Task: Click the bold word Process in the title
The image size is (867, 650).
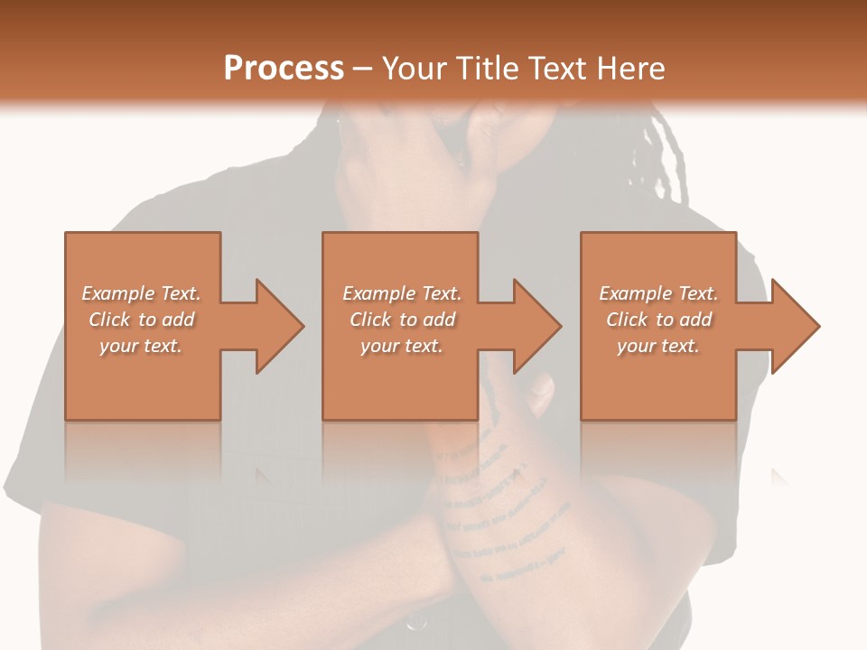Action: click(284, 69)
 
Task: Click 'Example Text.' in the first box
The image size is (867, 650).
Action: click(141, 293)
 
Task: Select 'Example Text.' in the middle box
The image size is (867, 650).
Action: click(402, 293)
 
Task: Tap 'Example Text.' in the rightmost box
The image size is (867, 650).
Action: click(658, 293)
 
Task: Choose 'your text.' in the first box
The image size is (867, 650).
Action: click(141, 346)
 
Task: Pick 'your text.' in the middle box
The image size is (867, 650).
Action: click(402, 346)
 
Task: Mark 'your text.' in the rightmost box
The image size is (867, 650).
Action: click(658, 346)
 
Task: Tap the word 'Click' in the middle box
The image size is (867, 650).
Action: click(371, 320)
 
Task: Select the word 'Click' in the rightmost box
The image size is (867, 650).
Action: click(628, 320)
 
